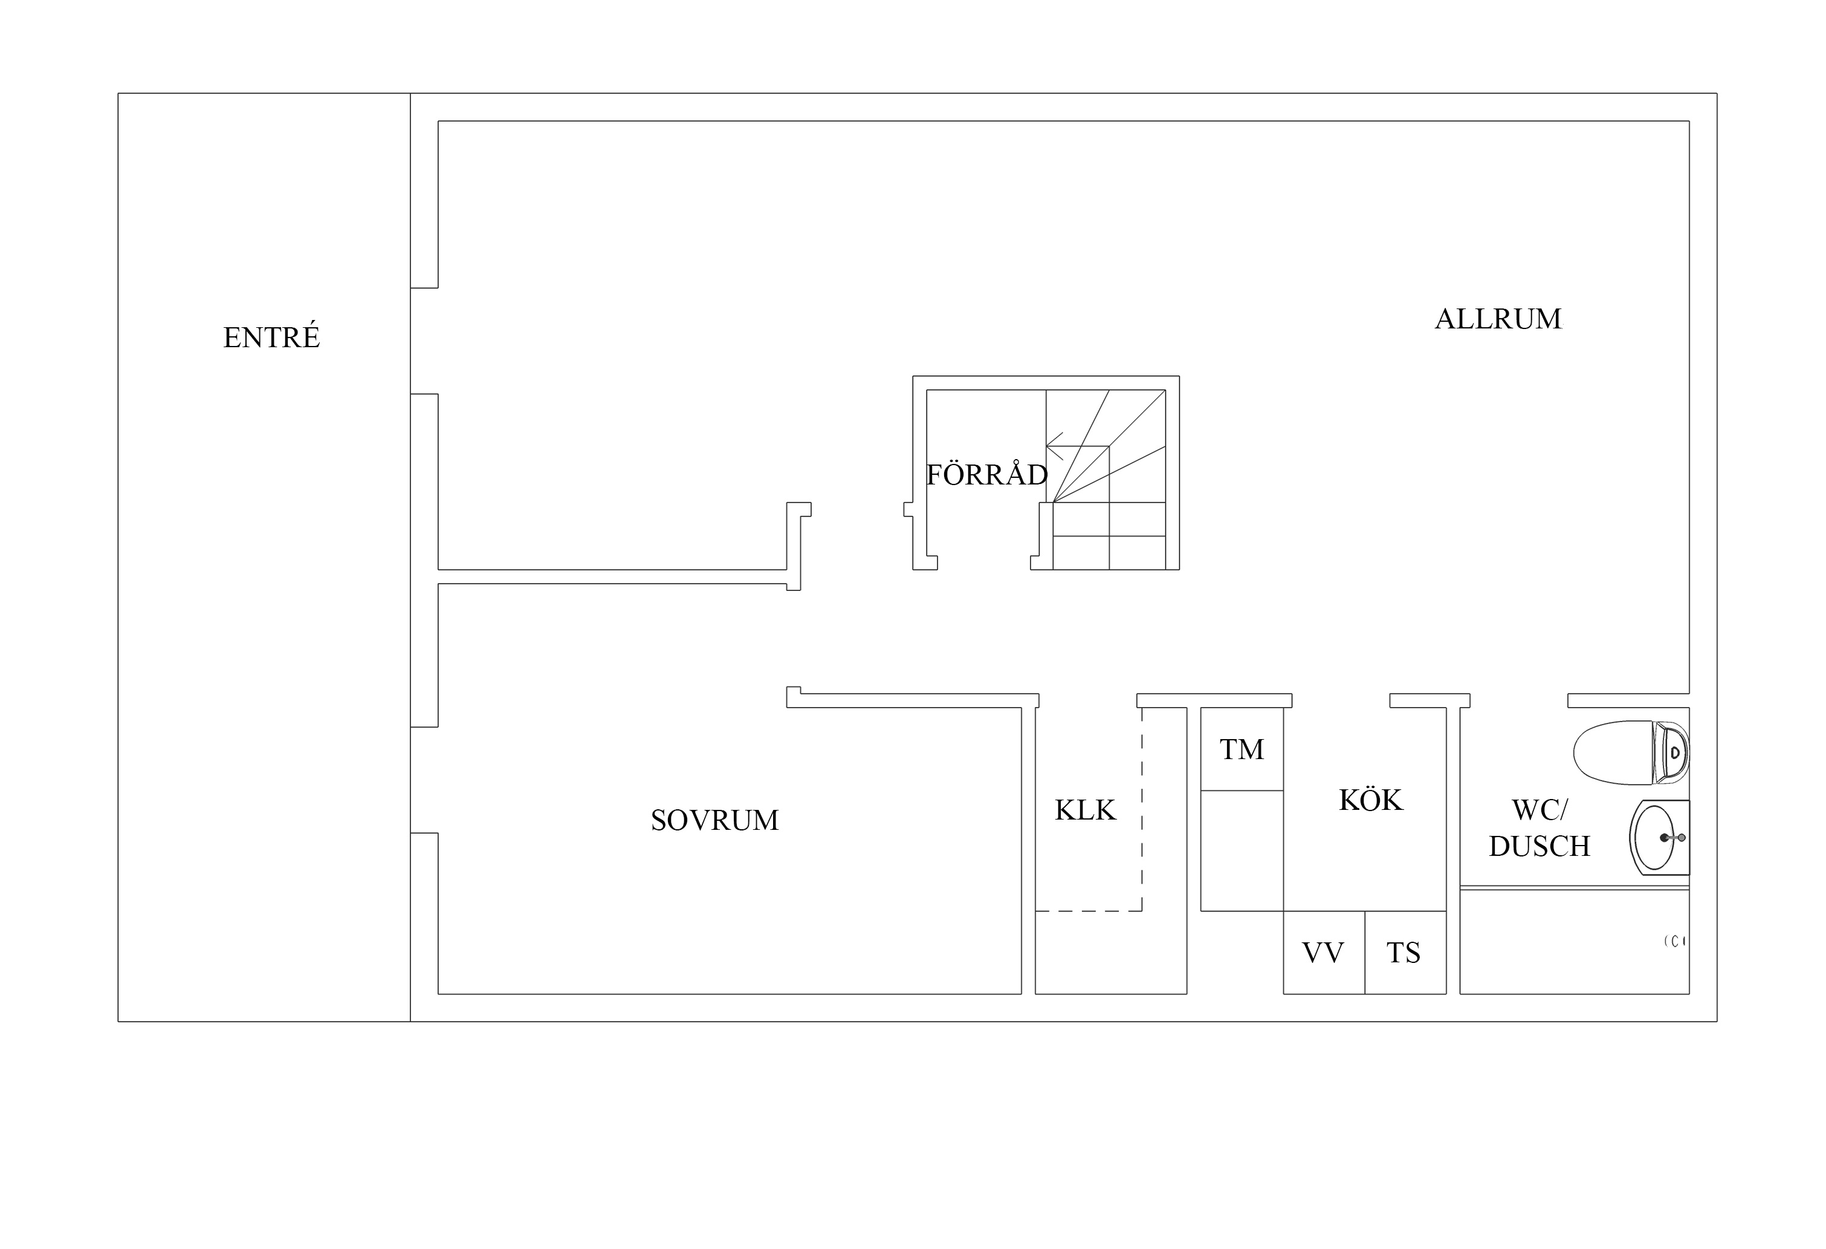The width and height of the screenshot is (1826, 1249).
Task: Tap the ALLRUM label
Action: (1498, 318)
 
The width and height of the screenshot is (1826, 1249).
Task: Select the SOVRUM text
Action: (715, 820)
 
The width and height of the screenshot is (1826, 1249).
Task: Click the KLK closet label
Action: (1085, 810)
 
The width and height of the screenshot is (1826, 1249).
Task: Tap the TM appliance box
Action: (1242, 749)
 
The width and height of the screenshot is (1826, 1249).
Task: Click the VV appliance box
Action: (1324, 953)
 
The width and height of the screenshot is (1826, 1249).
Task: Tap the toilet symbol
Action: (1630, 752)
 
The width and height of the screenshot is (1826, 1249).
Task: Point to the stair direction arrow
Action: (1055, 446)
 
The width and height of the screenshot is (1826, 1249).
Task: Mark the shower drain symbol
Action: (1675, 941)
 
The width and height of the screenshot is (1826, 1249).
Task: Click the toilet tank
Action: (1671, 752)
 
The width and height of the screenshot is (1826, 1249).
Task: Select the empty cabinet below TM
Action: (1242, 850)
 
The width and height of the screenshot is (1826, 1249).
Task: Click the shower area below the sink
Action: (1575, 942)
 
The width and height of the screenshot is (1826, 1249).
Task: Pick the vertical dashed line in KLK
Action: (1142, 810)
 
